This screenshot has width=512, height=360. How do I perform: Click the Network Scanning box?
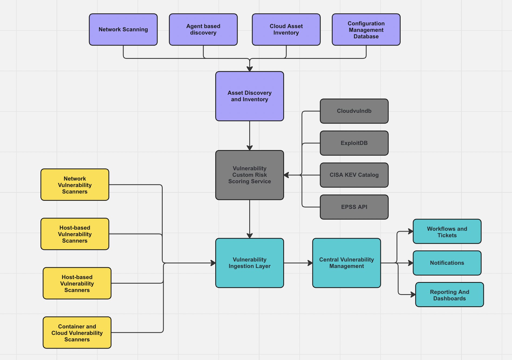click(123, 30)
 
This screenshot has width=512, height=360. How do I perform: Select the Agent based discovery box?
click(203, 30)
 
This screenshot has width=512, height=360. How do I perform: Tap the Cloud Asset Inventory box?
click(286, 30)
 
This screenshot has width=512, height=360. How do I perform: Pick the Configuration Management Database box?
click(366, 30)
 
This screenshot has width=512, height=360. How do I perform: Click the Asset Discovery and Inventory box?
click(250, 96)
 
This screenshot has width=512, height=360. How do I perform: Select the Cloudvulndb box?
click(354, 111)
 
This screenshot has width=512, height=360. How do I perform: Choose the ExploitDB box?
click(354, 143)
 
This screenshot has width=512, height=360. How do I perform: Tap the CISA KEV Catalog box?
click(354, 175)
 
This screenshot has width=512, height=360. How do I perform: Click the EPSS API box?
click(354, 207)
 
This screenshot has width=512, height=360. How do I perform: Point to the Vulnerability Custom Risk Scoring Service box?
click(250, 175)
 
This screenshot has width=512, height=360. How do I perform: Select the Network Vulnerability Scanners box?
click(75, 185)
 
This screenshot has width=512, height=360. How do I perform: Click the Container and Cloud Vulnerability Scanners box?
click(77, 333)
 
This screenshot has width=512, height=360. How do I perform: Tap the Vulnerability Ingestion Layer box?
click(250, 263)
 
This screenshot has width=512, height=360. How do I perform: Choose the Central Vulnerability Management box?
click(347, 263)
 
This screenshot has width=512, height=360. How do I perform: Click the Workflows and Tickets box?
click(447, 232)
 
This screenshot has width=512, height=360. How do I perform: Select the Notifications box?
click(447, 263)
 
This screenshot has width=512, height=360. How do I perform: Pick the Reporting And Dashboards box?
click(449, 295)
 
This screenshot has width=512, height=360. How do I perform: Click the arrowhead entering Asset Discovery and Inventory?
click(250, 69)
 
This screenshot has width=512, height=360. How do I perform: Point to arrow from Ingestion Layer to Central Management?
click(298, 263)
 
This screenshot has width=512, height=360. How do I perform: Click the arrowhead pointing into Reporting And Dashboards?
click(413, 295)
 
